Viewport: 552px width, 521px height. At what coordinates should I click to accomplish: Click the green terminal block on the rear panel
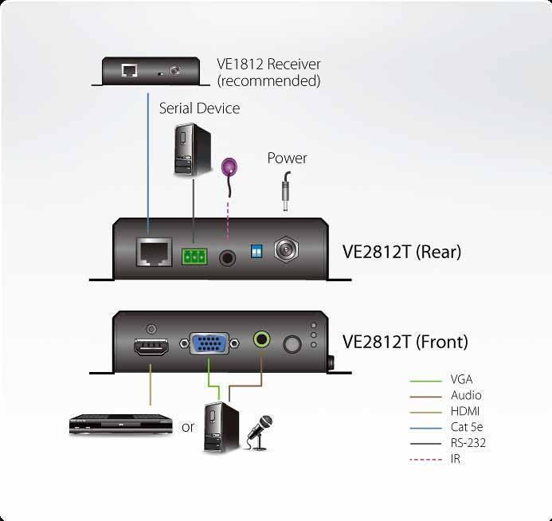pyautogui.click(x=194, y=257)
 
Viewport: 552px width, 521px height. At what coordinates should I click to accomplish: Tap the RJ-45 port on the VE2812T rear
pyautogui.click(x=155, y=252)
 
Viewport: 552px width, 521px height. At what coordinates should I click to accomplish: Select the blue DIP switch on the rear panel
pyautogui.click(x=256, y=252)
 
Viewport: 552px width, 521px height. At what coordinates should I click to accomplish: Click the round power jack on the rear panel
pyautogui.click(x=286, y=250)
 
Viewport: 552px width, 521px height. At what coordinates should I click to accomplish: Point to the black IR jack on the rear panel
pyautogui.click(x=228, y=258)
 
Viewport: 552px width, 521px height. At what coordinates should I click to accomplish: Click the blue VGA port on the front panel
pyautogui.click(x=209, y=343)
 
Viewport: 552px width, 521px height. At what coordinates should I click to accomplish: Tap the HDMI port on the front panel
pyautogui.click(x=151, y=347)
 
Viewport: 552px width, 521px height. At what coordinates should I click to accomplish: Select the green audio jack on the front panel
pyautogui.click(x=262, y=339)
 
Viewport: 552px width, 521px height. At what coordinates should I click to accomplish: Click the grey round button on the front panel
pyautogui.click(x=292, y=344)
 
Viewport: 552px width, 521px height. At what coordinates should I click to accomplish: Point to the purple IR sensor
pyautogui.click(x=229, y=167)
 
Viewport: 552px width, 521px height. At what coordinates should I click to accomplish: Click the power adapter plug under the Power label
pyautogui.click(x=286, y=191)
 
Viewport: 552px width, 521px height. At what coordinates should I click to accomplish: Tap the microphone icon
pyautogui.click(x=260, y=433)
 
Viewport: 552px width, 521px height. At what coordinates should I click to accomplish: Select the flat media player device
pyautogui.click(x=121, y=424)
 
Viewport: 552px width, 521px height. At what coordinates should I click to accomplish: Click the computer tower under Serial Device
pyautogui.click(x=193, y=149)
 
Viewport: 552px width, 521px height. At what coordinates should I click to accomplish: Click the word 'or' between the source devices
pyautogui.click(x=188, y=427)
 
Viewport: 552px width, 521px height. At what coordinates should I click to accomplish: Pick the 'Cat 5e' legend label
pyautogui.click(x=467, y=427)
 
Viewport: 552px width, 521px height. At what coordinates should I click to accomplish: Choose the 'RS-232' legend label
pyautogui.click(x=468, y=443)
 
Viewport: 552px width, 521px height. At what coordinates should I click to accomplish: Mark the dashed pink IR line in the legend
pyautogui.click(x=425, y=460)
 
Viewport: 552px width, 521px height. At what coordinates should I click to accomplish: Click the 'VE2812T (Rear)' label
pyautogui.click(x=401, y=252)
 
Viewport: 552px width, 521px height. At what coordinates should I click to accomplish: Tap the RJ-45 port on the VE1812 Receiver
pyautogui.click(x=129, y=70)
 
